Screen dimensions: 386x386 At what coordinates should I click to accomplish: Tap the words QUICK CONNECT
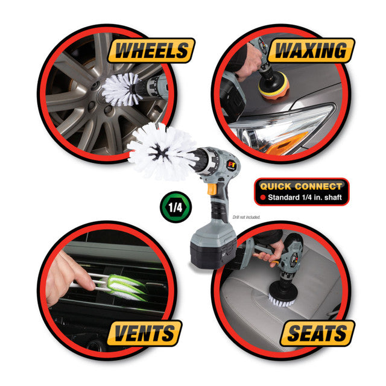pyautogui.click(x=300, y=186)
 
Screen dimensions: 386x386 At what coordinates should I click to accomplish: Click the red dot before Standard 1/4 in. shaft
pyautogui.click(x=264, y=197)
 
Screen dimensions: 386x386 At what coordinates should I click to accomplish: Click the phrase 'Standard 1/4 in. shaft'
pyautogui.click(x=305, y=197)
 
